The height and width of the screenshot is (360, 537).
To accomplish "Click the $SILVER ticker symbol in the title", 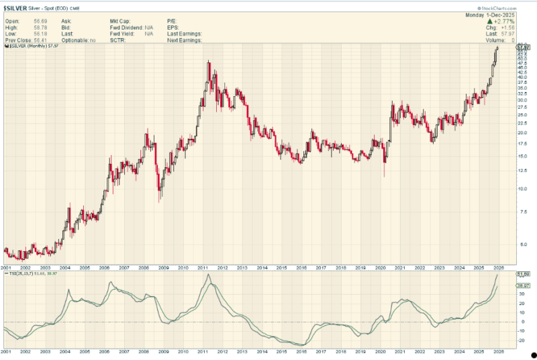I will click(x=16, y=7).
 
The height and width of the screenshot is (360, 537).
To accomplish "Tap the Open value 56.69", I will click(x=31, y=21).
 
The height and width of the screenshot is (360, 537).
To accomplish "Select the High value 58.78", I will click(x=31, y=28).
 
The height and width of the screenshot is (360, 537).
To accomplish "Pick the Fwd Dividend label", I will click(x=125, y=28).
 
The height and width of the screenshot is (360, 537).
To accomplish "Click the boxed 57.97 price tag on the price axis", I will click(x=522, y=47).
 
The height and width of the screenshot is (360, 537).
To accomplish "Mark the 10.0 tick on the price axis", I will click(x=522, y=189).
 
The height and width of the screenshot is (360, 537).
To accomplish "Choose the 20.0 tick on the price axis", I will click(x=522, y=132).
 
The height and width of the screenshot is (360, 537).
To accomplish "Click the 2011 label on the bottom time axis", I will click(x=202, y=267).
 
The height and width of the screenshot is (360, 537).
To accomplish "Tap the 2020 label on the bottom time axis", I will click(x=380, y=267).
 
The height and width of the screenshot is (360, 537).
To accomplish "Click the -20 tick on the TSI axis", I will click(x=520, y=340).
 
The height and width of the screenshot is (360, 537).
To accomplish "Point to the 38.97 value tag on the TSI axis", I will click(x=522, y=285).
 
